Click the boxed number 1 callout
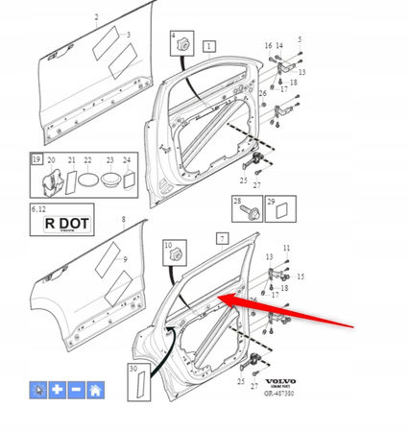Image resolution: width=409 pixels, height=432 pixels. [209, 45]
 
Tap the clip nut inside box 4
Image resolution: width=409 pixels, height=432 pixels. [181, 44]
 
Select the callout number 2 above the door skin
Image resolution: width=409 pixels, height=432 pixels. [96, 18]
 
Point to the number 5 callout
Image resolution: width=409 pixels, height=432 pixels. [299, 39]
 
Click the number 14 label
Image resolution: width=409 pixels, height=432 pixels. [279, 46]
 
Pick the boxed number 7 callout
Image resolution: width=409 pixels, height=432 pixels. [222, 236]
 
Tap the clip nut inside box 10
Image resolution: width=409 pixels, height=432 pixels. [177, 256]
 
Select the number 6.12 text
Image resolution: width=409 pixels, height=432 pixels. [37, 207]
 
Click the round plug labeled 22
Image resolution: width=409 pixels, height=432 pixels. [87, 179]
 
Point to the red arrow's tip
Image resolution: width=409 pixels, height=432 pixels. [224, 299]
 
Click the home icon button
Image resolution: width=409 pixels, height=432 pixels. [94, 390]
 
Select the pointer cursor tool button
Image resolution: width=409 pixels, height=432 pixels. [39, 390]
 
